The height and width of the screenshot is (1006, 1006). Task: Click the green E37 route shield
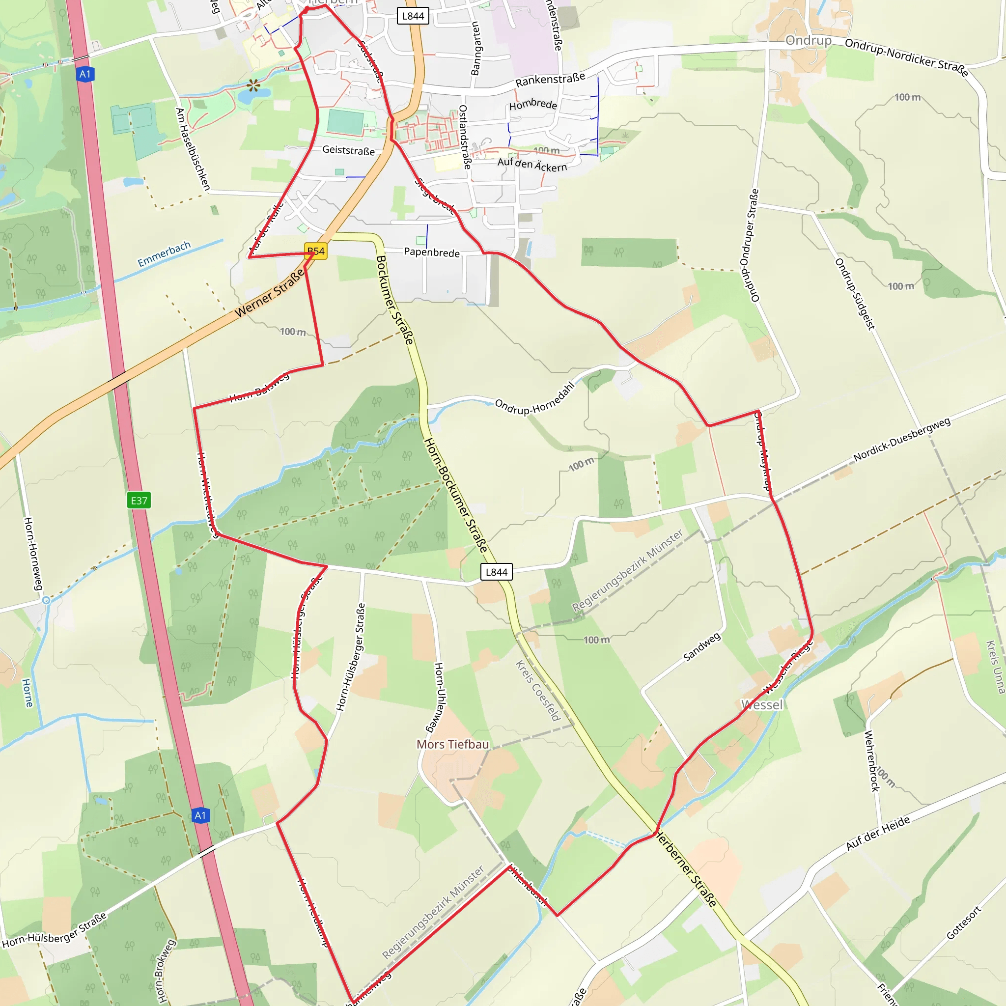[139, 501]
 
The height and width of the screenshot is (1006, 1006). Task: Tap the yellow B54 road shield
[315, 251]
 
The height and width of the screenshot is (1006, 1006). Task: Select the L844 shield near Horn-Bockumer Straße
[496, 572]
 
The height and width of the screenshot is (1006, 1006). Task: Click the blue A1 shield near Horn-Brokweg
[200, 815]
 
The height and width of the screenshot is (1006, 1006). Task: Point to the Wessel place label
[762, 705]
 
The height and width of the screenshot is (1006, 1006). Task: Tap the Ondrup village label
[808, 41]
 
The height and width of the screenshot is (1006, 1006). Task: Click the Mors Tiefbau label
[452, 745]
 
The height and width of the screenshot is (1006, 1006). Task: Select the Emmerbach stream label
[164, 253]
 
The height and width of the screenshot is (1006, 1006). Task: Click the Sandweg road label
[702, 647]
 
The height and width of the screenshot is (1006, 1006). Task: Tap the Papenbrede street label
[432, 252]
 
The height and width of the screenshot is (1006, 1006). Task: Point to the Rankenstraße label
[550, 80]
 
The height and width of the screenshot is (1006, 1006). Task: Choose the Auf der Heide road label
[878, 833]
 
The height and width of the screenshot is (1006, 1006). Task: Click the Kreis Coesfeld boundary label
[537, 691]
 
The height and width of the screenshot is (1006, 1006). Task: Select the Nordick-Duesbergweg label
[902, 439]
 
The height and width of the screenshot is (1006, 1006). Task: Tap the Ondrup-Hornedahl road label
[534, 399]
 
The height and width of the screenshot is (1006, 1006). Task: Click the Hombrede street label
[532, 104]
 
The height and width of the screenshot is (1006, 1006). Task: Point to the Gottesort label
[963, 923]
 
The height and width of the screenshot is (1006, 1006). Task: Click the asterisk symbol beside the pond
[253, 85]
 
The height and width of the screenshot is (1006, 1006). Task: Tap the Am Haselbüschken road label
[193, 149]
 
